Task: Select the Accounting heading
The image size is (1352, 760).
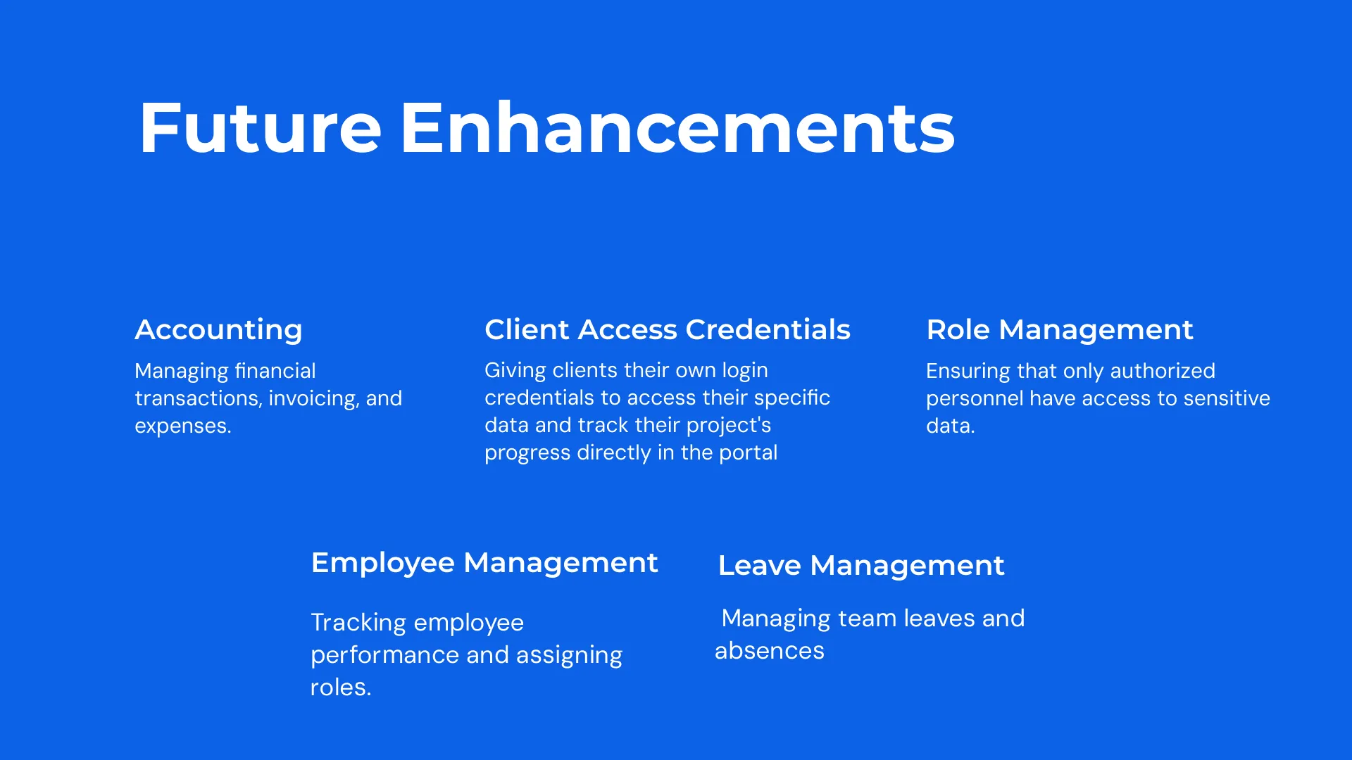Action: point(218,330)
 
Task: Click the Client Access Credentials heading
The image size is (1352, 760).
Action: point(668,329)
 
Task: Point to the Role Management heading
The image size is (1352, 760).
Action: point(1060,330)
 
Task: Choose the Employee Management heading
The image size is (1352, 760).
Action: point(484,563)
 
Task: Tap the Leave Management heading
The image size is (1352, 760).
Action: point(861,566)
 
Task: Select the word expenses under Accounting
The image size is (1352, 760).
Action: point(183,426)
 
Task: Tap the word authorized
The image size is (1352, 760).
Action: point(1163,371)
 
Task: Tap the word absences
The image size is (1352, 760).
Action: point(770,651)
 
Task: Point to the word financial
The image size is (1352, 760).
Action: point(275,371)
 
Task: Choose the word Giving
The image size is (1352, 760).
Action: point(515,371)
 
